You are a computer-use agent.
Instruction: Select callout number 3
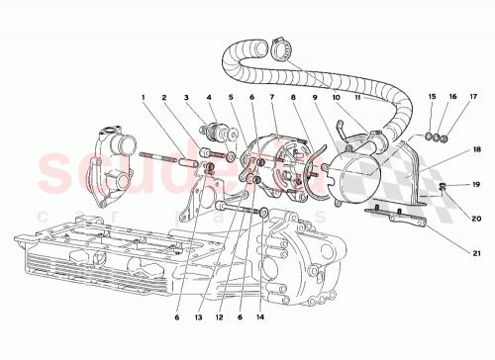point(186,98)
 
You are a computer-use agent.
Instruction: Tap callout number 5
point(231,98)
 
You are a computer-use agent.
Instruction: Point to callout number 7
point(272,98)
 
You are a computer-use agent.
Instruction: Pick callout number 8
point(294,98)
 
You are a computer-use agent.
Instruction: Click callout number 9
point(316,98)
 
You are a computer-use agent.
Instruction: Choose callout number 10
point(338,98)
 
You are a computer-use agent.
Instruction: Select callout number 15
point(432,96)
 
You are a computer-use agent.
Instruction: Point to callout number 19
point(476,184)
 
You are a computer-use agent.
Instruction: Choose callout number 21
point(476,254)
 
